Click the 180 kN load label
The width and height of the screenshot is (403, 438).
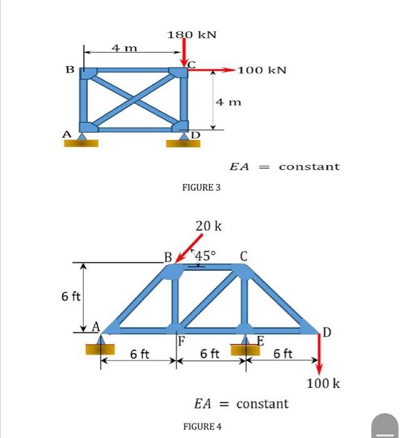tap(191, 34)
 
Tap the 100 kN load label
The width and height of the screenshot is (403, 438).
tap(262, 71)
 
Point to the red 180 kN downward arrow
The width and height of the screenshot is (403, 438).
tap(185, 52)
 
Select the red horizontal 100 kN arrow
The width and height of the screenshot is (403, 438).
tap(212, 71)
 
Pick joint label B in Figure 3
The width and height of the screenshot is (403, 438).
tap(71, 69)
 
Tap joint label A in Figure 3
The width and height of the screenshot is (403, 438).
tap(66, 133)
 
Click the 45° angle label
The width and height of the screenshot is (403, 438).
tap(205, 255)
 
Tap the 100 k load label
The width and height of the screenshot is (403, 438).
tap(324, 382)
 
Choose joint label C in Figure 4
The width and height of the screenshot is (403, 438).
tap(243, 255)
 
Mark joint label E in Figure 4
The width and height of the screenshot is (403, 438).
tap(260, 341)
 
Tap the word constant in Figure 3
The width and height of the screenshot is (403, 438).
tap(309, 166)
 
